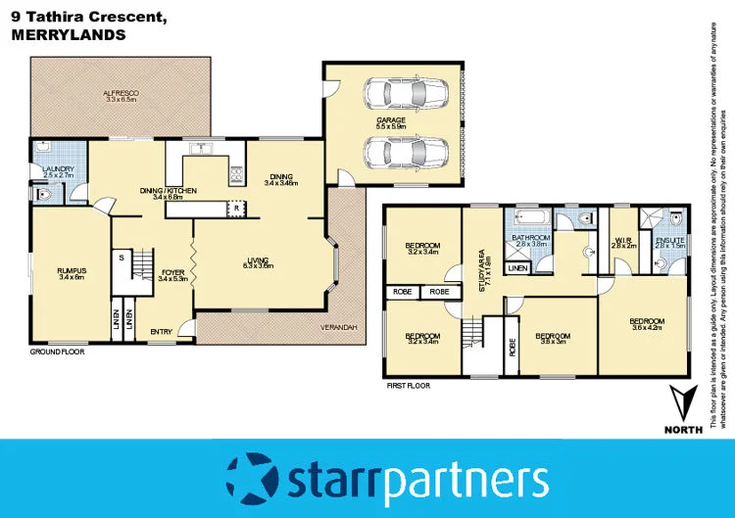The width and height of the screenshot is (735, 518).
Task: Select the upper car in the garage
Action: coord(394,94)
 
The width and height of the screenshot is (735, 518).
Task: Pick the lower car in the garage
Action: coord(394,153)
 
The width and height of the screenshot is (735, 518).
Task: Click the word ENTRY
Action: coord(161,332)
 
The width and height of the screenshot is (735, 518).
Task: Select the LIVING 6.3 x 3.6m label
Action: coord(259,263)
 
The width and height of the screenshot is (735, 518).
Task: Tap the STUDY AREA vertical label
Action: coord(483,269)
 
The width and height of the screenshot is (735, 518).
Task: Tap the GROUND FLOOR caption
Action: coord(57,350)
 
